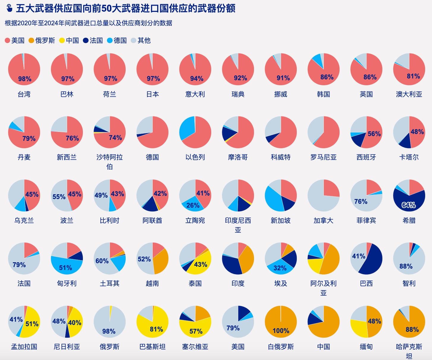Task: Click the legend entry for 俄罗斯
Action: click(x=42, y=40)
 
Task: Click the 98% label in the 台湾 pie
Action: click(x=25, y=79)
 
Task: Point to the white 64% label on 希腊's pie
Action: click(x=409, y=205)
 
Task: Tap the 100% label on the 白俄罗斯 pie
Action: click(x=280, y=331)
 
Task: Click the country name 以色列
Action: click(x=195, y=157)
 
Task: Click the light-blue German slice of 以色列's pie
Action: click(x=187, y=128)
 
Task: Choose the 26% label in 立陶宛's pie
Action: click(x=193, y=205)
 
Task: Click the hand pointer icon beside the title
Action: click(x=9, y=8)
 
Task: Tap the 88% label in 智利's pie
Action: click(x=406, y=266)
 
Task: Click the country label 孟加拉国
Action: click(x=24, y=347)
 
